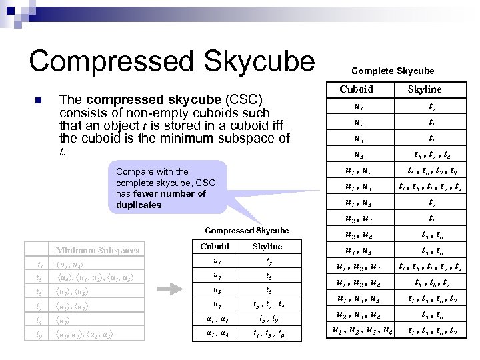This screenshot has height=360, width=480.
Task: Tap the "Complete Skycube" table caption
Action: point(393,71)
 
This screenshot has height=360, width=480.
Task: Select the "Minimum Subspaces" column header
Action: point(97,251)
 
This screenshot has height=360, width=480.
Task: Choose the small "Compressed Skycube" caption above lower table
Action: point(247,231)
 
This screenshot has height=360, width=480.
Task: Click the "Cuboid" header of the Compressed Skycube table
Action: point(215,246)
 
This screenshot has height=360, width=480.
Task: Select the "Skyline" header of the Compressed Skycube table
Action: point(267,246)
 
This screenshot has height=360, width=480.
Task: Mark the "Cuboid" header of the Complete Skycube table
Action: point(357,89)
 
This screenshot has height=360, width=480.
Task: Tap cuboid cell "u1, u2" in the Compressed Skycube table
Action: point(215,319)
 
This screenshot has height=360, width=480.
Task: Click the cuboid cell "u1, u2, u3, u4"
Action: point(362,330)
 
